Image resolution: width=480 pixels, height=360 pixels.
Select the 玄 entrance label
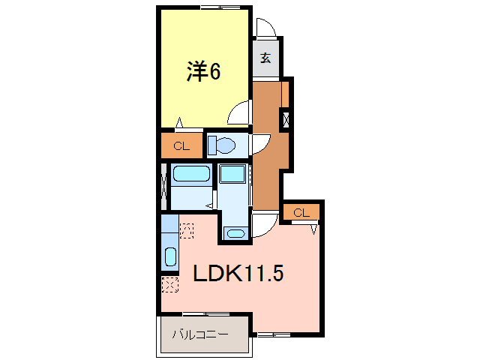tap(265, 57)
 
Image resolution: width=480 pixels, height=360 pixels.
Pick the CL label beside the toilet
tap(181, 146)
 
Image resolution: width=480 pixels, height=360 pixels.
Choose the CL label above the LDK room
tap(301, 213)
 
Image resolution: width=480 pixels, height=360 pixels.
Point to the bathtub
tap(190, 175)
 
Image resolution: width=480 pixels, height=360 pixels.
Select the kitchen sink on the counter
tap(169, 257)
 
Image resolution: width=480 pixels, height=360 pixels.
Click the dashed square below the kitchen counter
tap(169, 285)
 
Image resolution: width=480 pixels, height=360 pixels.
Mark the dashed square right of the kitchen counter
tap(187, 229)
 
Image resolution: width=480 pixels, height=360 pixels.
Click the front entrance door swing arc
tap(264, 28)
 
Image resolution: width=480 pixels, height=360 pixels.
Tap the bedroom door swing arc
tap(240, 114)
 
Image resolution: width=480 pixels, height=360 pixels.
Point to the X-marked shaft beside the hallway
tap(285, 119)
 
